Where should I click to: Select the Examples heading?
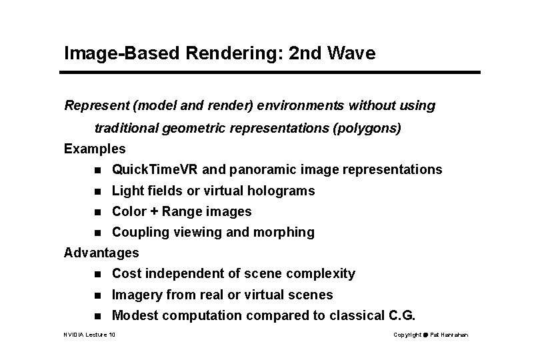[x=95, y=149]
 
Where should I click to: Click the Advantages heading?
[x=101, y=253]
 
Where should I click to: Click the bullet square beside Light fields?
[x=99, y=191]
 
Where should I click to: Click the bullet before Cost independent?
[x=99, y=274]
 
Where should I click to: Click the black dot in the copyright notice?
[x=427, y=334]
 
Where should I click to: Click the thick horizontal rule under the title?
[x=272, y=71]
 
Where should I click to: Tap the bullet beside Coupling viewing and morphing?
[x=99, y=233]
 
